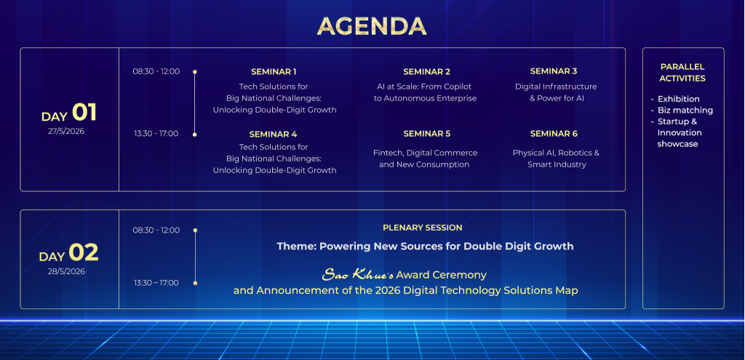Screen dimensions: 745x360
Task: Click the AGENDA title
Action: click(x=372, y=25)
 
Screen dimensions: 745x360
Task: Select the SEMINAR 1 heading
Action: click(x=274, y=72)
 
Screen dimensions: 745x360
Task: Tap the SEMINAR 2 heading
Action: click(x=426, y=72)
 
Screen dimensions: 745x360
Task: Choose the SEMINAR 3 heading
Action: click(x=554, y=71)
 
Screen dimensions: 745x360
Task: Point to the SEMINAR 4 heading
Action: click(x=274, y=135)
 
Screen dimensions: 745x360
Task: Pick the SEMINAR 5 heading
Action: click(x=426, y=134)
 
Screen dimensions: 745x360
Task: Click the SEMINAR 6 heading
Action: click(x=554, y=134)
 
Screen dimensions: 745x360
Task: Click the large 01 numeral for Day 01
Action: click(x=84, y=113)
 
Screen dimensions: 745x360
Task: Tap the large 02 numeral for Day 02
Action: click(x=84, y=252)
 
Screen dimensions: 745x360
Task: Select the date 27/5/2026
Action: click(x=66, y=131)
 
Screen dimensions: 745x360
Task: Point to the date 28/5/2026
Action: click(x=66, y=271)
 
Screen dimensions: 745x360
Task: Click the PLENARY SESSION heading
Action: click(x=423, y=228)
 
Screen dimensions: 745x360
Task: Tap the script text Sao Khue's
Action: click(x=358, y=274)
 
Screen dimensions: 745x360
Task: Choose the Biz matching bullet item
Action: click(x=685, y=111)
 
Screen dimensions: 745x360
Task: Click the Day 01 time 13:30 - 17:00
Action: click(x=156, y=134)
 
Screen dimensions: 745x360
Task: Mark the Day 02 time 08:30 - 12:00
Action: click(x=156, y=231)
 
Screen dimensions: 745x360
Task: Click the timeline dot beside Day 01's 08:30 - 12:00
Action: click(x=195, y=72)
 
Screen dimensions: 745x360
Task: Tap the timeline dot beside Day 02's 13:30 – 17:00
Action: click(x=195, y=283)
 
